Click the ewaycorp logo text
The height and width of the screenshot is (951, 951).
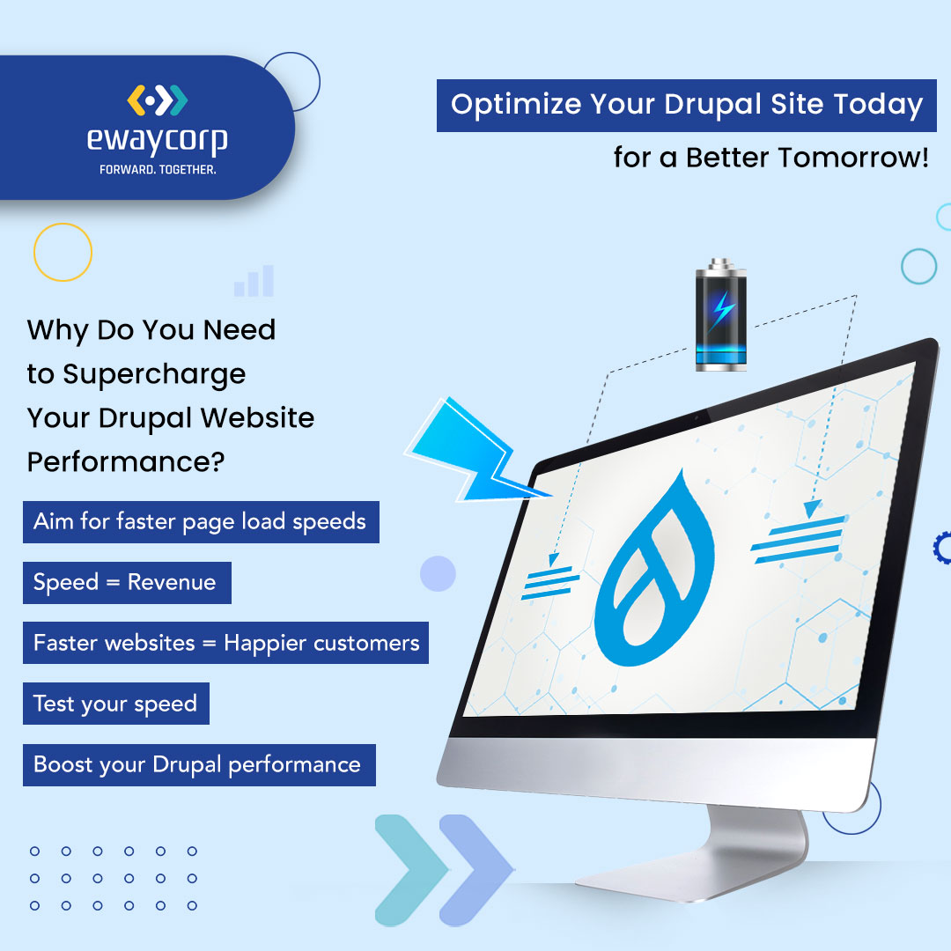(x=157, y=141)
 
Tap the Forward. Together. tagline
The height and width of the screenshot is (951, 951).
(x=158, y=170)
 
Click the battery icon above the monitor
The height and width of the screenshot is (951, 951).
(x=720, y=314)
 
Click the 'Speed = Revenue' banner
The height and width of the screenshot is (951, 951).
(x=127, y=582)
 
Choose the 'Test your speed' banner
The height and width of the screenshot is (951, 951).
(x=116, y=704)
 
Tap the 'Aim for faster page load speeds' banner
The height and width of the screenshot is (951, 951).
(x=201, y=521)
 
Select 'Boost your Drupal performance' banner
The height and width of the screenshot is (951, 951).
(x=199, y=765)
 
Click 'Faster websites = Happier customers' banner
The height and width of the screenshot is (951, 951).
(x=225, y=643)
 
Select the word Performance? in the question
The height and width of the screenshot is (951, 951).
(x=126, y=462)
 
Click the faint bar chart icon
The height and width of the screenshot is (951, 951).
(x=254, y=281)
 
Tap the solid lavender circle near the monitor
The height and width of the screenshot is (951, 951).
(x=438, y=574)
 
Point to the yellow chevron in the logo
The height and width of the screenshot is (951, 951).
(x=136, y=100)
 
